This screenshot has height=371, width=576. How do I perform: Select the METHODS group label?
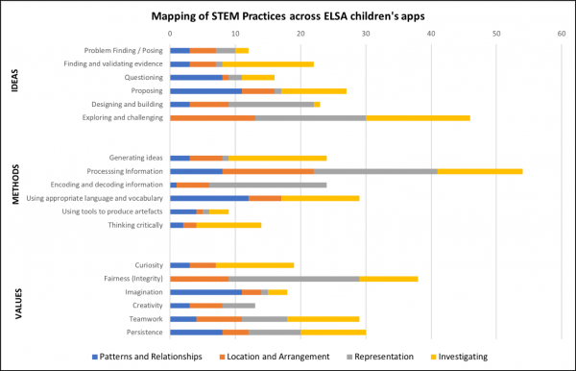(x=13, y=184)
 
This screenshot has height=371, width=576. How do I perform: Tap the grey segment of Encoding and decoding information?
(x=268, y=184)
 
